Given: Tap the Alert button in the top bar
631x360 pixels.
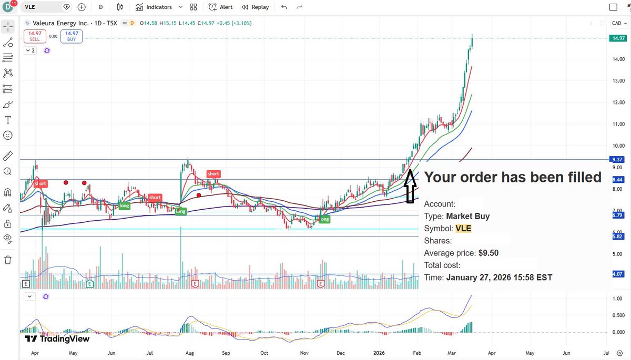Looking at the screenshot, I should tap(221, 7).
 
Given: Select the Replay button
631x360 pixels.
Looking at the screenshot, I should tap(256, 7).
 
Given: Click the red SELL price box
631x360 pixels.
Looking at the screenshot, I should tap(34, 36).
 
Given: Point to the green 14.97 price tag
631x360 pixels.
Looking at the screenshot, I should tap(618, 38).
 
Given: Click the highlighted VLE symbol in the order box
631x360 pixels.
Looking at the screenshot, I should tap(463, 229).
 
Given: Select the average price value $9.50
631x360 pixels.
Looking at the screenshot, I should tap(488, 253).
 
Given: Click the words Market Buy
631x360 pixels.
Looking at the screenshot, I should tap(467, 216).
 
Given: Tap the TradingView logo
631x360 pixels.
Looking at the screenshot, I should tap(57, 339).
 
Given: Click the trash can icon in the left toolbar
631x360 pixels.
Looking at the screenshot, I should tap(8, 260).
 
